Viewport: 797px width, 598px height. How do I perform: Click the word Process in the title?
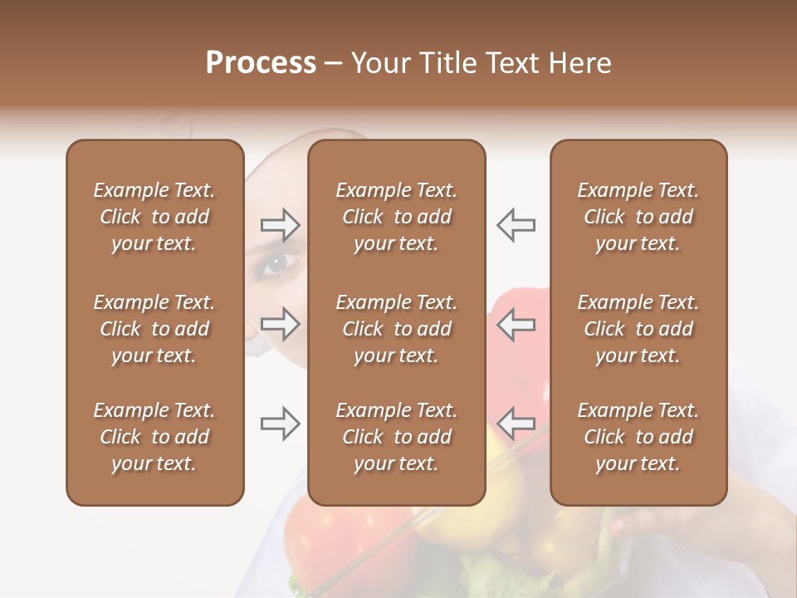pos(261,63)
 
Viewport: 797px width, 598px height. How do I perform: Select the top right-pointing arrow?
pos(280,224)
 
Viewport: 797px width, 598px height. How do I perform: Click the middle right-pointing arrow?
pos(280,324)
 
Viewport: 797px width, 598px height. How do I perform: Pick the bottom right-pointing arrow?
pos(280,424)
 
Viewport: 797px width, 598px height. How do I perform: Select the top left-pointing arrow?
pos(516,224)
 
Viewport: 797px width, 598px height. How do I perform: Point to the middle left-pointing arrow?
pos(516,324)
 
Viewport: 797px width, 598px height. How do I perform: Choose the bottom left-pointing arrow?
pos(516,424)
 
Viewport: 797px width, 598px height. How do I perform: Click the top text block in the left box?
pos(154,217)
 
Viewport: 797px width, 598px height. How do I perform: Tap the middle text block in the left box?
pos(154,329)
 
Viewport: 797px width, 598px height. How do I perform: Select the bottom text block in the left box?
pos(154,437)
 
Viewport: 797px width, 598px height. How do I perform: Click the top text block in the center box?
pos(396,217)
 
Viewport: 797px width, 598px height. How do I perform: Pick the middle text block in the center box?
pos(396,329)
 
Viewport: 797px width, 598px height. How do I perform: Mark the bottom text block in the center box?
pos(396,437)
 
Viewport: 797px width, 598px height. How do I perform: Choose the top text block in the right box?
pos(638,217)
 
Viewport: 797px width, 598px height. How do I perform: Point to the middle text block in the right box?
pos(638,329)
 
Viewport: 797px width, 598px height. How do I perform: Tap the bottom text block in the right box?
pos(638,437)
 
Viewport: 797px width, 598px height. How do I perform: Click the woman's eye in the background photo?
pos(276,264)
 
